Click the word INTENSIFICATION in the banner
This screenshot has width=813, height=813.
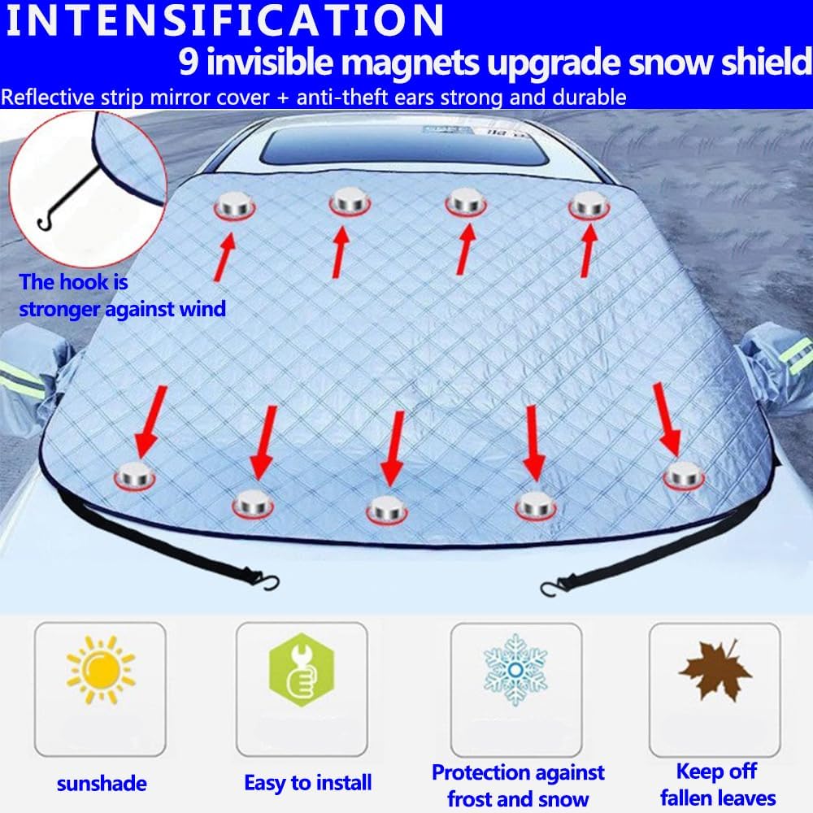[224, 21]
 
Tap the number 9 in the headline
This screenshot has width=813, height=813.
[189, 63]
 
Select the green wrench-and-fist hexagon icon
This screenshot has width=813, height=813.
[302, 669]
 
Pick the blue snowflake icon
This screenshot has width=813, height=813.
[515, 669]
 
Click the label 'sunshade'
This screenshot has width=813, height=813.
[102, 784]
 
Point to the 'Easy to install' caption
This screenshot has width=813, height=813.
[308, 783]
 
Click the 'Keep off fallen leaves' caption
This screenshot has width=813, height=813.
[718, 785]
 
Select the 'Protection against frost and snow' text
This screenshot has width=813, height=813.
[518, 785]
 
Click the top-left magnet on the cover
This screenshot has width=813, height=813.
[234, 206]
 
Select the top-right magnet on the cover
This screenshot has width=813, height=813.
[589, 206]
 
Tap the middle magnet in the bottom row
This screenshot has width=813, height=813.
[387, 510]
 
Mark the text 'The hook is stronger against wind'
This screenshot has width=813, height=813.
[123, 296]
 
